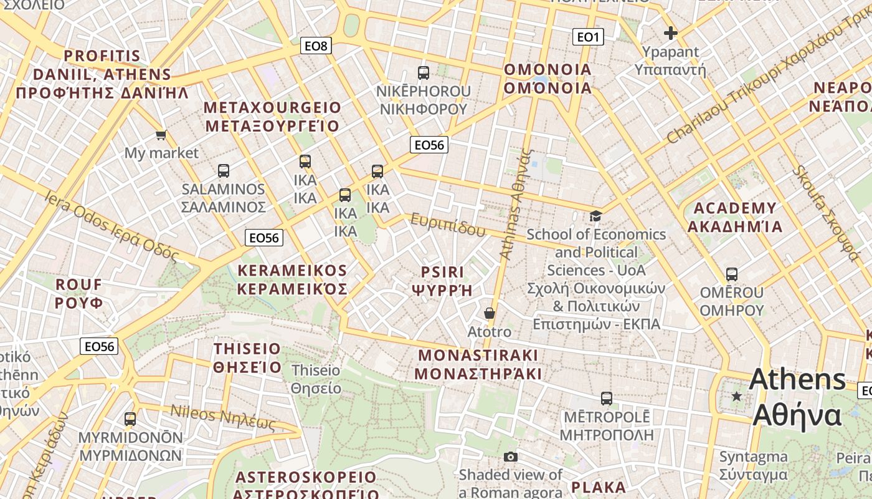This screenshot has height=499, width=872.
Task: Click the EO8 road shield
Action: coord(316,46)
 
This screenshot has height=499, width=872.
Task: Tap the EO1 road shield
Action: coord(587,37)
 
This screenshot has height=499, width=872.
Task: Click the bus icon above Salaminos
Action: coord(224,170)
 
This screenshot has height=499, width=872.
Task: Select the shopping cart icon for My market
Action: coord(161,135)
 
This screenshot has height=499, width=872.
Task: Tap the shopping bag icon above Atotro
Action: coord(490,313)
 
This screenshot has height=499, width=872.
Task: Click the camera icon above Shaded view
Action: coord(510,457)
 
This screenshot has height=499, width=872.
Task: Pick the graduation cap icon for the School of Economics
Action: coord(596,216)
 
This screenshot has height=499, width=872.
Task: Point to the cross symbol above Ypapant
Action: coord(670,33)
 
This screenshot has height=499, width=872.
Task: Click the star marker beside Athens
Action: coord(737,396)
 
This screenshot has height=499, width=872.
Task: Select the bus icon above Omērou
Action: coord(732,274)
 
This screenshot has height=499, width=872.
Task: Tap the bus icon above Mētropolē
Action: coord(607,398)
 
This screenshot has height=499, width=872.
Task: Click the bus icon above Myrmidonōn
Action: coord(130,419)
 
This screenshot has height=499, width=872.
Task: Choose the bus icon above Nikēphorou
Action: coord(424,72)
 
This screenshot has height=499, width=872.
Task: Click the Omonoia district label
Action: coord(547,79)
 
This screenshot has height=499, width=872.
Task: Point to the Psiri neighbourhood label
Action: coord(442,281)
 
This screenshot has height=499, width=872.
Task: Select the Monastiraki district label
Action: coord(478,364)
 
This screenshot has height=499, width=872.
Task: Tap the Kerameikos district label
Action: coord(292,279)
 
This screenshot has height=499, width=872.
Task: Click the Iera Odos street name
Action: coord(111,226)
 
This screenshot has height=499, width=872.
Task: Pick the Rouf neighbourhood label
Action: coord(78,294)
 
